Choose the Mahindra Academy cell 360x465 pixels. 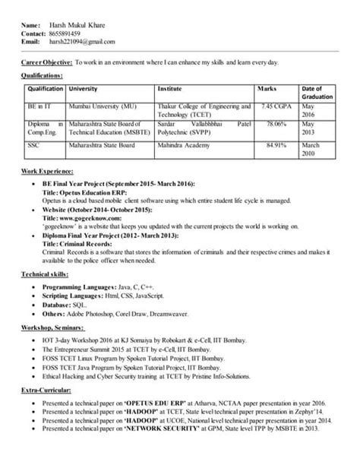point(185,144)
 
